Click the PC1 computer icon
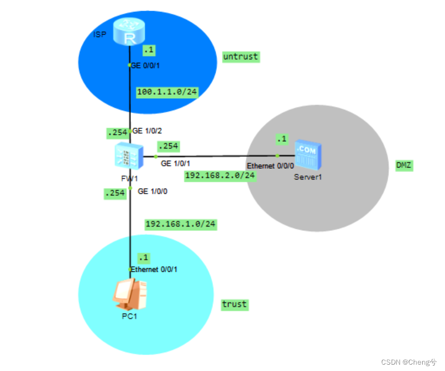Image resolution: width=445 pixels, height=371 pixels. pos(129,294)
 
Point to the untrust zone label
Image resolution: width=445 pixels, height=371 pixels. pos(241,57)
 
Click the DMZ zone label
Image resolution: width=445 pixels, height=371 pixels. pos(404,165)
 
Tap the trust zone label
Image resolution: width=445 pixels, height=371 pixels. pos(234,304)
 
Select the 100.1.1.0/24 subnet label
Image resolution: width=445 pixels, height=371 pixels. pos(167,92)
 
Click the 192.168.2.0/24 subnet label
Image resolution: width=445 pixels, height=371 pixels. pos(220,176)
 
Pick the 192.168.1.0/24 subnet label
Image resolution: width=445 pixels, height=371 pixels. pos(181,224)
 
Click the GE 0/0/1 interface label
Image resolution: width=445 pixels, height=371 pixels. pos(145,65)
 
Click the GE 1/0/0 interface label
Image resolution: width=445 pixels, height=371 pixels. pos(152,191)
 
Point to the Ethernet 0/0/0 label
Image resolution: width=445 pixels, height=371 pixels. pos(270,166)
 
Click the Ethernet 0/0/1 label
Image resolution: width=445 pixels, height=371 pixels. pos(154,269)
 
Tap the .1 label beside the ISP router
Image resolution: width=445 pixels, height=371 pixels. pos(149,50)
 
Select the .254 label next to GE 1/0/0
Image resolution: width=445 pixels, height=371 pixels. pos(115,194)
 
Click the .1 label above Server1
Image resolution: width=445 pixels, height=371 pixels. pos(281,139)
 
